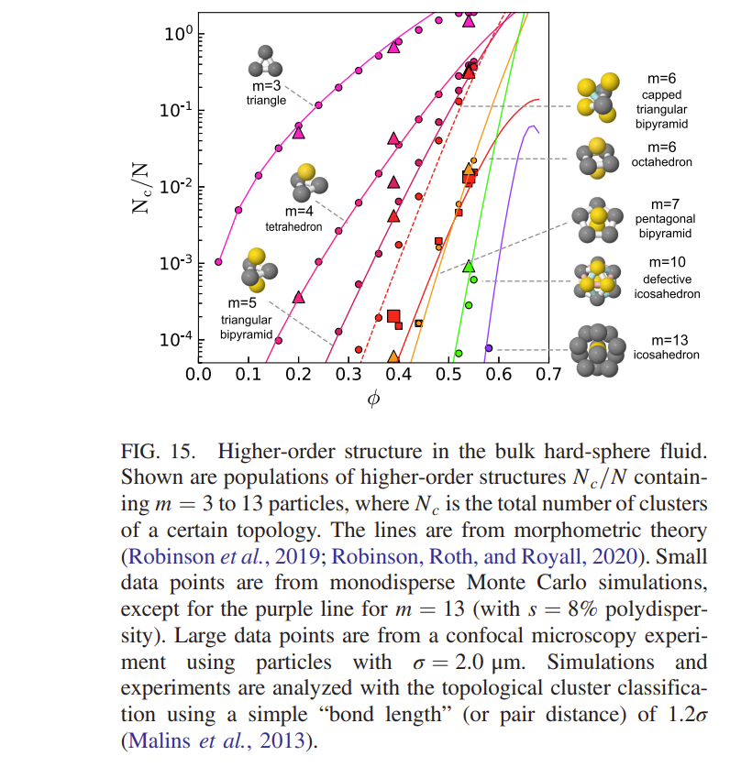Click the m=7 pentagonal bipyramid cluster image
596,221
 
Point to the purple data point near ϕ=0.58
489,348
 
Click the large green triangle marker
469,267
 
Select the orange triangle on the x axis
393,356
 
